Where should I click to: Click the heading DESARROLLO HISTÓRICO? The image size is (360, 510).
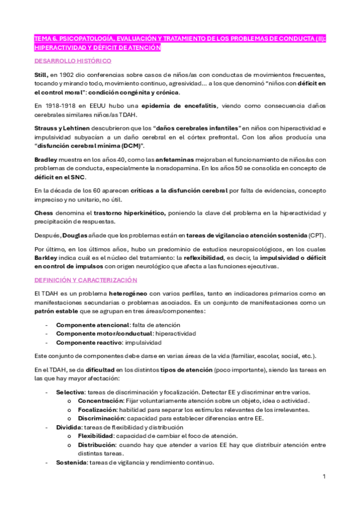click(72, 61)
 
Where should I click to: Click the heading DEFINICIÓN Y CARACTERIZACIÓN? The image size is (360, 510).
click(86, 280)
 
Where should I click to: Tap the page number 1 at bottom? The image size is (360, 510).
click(324, 477)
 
